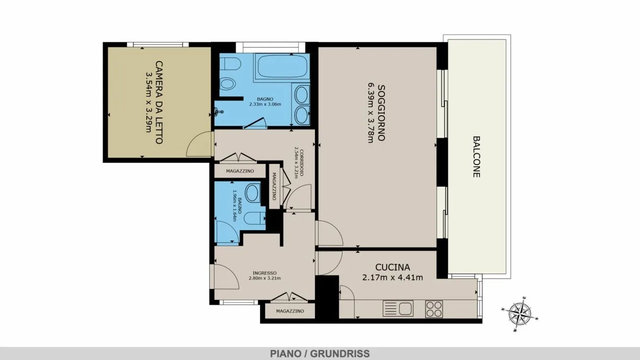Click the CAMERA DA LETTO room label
159,102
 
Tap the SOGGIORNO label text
381,113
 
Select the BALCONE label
476,157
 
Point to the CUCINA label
392,267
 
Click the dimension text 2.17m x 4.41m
392,277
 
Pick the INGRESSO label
264,273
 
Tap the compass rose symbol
520,314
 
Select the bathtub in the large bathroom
283,66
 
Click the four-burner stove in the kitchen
434,309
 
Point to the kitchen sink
398,309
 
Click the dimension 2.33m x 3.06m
265,104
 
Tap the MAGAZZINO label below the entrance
290,311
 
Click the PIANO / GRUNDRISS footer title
320,354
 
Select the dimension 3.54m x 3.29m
149,102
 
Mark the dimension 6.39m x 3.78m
370,113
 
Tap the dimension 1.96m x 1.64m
235,206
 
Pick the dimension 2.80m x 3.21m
264,278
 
